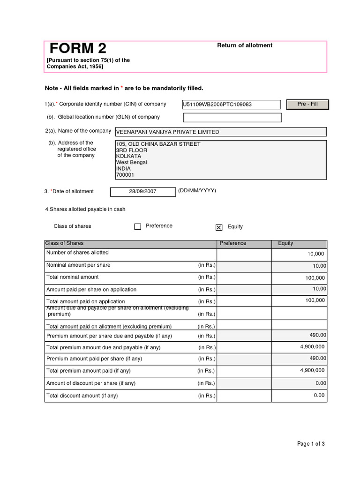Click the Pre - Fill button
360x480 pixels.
point(307,104)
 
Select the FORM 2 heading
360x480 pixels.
point(78,48)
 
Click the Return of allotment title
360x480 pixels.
point(244,45)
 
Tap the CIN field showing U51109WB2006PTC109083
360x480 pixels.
point(232,105)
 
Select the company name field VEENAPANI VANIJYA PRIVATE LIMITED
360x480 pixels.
point(221,132)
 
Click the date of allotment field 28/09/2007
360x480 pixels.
point(143,192)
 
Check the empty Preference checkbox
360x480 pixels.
point(138,227)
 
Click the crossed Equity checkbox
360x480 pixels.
point(219,227)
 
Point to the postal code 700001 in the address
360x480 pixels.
point(125,175)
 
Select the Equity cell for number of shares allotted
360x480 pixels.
point(299,254)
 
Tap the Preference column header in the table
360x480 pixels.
point(233,243)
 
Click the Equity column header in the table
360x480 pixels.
point(285,243)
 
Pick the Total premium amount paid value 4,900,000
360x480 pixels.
point(312,370)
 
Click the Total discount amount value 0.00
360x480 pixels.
point(319,395)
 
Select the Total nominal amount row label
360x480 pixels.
point(73,277)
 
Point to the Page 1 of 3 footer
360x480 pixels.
point(311,444)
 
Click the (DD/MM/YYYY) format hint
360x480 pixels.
point(197,191)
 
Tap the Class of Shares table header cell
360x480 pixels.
point(65,243)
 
